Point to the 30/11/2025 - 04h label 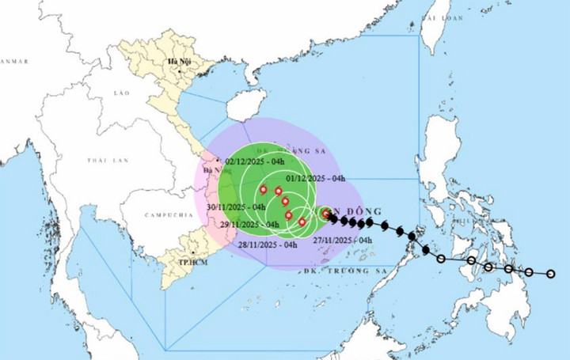[x=235, y=207]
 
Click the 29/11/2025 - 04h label [x=250, y=224]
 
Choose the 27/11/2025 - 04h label [x=343, y=240]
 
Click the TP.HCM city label [x=187, y=262]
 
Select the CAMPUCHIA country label [x=169, y=214]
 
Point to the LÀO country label [x=121, y=93]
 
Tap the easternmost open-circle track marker [x=552, y=275]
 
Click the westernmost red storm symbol [x=263, y=189]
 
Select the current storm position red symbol [x=326, y=213]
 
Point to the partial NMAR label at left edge [x=13, y=61]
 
